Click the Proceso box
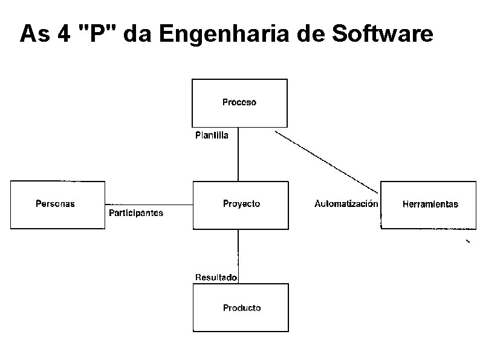click(239, 102)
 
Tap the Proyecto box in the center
click(241, 205)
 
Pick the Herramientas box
click(430, 205)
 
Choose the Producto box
click(241, 308)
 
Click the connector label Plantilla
click(212, 136)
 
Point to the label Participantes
click(136, 213)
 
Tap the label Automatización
click(346, 204)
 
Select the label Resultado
click(216, 277)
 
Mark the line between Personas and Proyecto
click(148, 205)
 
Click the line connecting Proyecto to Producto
click(238, 251)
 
